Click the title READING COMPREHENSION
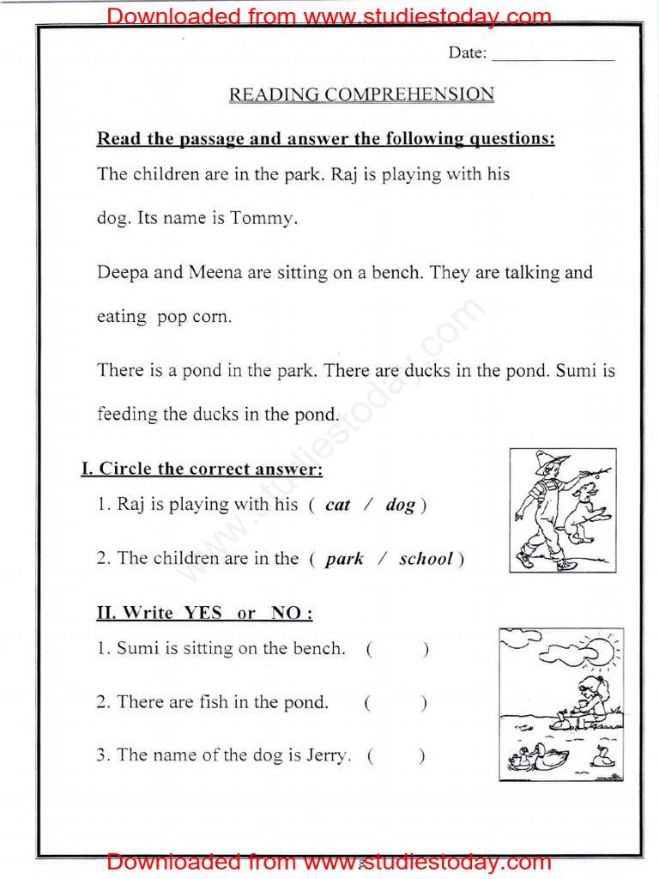[361, 94]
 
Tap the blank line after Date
[553, 55]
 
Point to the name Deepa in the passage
[122, 273]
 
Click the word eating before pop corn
[122, 317]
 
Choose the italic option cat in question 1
[337, 505]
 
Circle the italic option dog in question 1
[400, 505]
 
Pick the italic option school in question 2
[426, 559]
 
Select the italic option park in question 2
[344, 559]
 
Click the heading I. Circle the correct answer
[202, 469]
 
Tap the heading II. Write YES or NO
[204, 613]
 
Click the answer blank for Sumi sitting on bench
[396, 649]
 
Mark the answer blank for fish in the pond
[395, 702]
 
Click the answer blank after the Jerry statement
[396, 755]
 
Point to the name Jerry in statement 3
[327, 755]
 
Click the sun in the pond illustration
[598, 650]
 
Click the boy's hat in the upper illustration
[550, 461]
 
